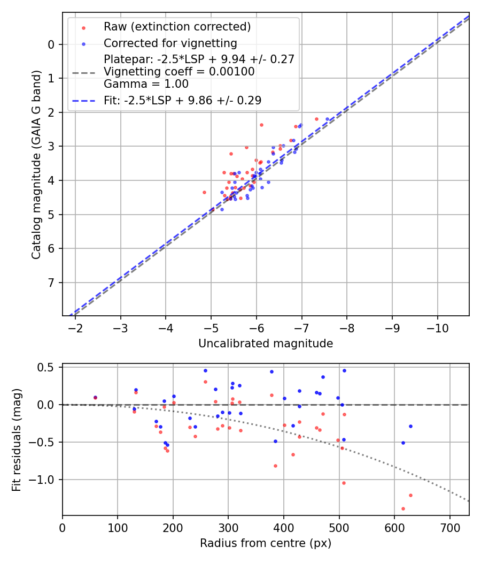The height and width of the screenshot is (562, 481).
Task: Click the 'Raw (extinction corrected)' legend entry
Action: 177,27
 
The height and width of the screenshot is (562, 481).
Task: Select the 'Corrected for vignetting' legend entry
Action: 170,43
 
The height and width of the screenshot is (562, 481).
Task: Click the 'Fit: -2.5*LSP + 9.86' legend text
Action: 182,100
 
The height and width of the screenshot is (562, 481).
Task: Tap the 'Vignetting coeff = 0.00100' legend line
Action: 179,71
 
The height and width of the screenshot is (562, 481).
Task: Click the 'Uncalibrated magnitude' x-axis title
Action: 266,344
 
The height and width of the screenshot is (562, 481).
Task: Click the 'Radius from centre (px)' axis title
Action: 266,543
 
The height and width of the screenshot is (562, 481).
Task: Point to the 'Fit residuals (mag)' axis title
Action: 17,439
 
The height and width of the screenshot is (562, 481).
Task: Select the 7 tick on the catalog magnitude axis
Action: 51,283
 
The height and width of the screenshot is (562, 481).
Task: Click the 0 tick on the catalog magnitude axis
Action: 51,44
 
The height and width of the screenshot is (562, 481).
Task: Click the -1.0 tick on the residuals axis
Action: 45,480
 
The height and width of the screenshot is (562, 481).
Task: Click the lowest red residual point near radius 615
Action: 403,508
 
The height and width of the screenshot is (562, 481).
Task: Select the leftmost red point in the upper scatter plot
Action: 204,192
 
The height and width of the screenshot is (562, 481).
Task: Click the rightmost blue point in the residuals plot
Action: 410,426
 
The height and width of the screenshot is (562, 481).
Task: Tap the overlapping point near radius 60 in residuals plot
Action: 95,398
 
